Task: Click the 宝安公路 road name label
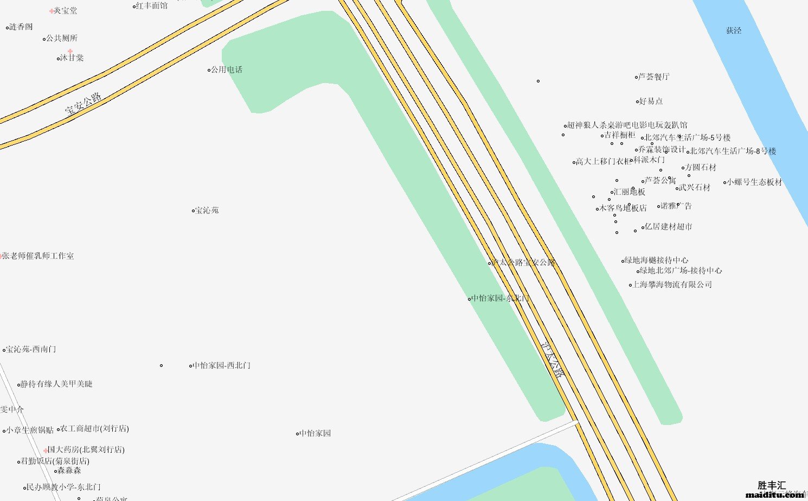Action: [83, 104]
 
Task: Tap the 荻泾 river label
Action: [734, 30]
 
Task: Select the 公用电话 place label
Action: [227, 69]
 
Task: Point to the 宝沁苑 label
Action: [207, 210]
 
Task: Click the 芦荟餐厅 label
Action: [654, 77]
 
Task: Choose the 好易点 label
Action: [651, 101]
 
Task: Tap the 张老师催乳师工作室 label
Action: [38, 256]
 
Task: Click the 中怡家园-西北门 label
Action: [222, 365]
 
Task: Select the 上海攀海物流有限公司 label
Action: [672, 284]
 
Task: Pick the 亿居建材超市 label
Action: [668, 227]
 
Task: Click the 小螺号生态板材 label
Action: [755, 182]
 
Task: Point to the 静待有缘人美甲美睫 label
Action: [56, 384]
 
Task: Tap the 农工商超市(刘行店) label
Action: [95, 428]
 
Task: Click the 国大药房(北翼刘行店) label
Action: [86, 449]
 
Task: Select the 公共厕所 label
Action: [62, 38]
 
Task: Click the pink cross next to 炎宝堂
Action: [52, 11]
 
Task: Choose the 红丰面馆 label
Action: [152, 6]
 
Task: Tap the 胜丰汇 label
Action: [772, 485]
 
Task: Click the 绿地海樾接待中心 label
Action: [657, 260]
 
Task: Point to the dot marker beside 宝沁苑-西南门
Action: [4, 350]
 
